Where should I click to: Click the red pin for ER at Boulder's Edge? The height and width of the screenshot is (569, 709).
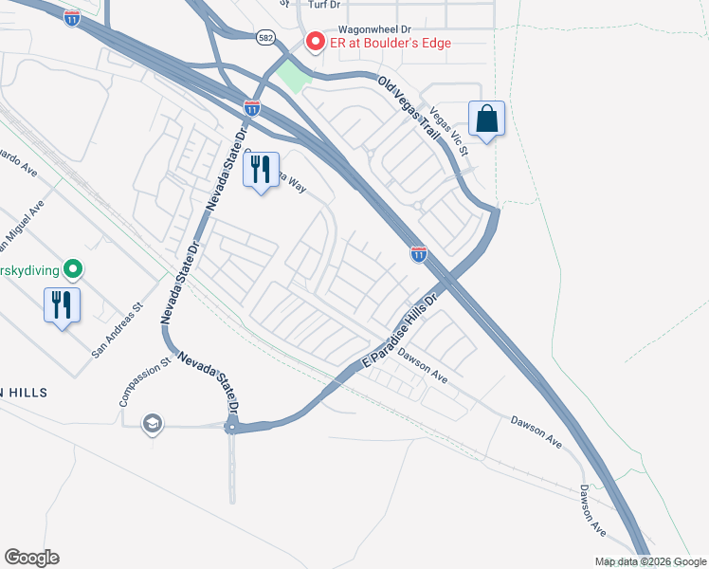point(315,43)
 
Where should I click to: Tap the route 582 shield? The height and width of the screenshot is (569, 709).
point(265,36)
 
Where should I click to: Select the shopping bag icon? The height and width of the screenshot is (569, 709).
point(486,119)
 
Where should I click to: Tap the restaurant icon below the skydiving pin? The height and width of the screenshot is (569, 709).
point(62,305)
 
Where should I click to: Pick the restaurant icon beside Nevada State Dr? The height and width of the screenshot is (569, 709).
point(262,170)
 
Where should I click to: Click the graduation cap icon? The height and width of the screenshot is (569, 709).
point(151,424)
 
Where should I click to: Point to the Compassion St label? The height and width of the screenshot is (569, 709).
point(145,382)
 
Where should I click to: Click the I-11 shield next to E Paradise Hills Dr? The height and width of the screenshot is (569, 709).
point(418,253)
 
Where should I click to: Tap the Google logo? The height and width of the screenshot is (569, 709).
point(31,558)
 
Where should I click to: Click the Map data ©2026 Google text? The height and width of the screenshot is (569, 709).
point(649,561)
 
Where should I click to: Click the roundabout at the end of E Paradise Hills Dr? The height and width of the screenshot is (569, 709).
point(230,428)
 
